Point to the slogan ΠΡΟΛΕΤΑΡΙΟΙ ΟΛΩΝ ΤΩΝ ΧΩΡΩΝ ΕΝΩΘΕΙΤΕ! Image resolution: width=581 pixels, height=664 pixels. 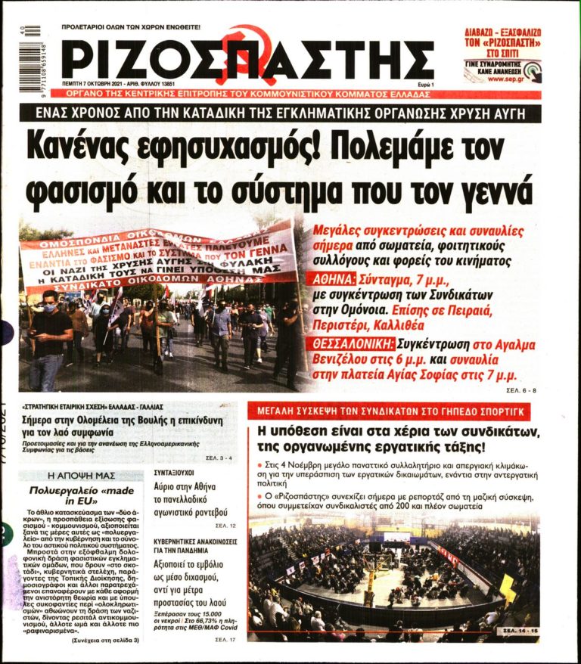click(131, 26)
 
